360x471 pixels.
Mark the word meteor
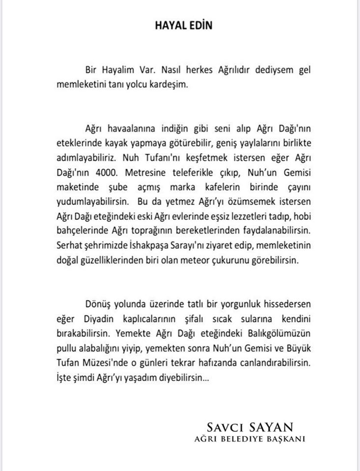[196, 257]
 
